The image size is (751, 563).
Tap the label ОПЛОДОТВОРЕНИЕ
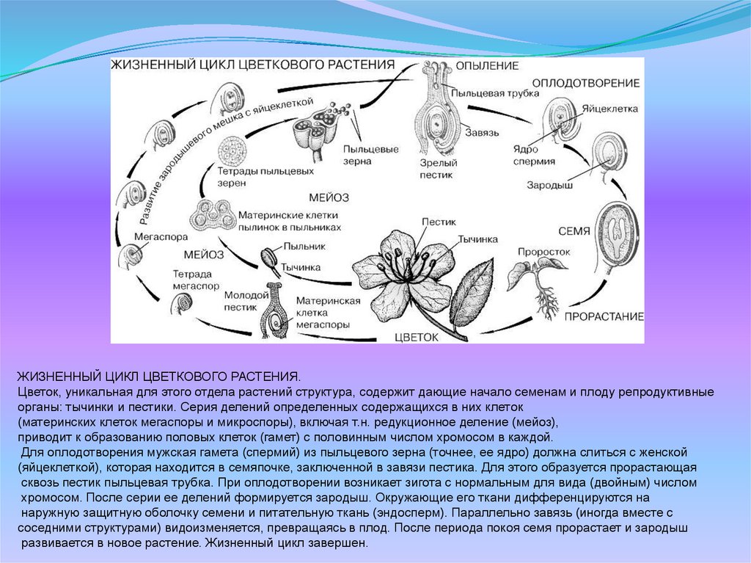(x=585, y=83)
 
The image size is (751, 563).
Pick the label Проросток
(x=543, y=251)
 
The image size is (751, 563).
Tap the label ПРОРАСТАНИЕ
(x=604, y=316)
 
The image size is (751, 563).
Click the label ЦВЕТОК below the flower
(x=416, y=337)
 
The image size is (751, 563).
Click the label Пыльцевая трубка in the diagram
(x=485, y=93)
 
